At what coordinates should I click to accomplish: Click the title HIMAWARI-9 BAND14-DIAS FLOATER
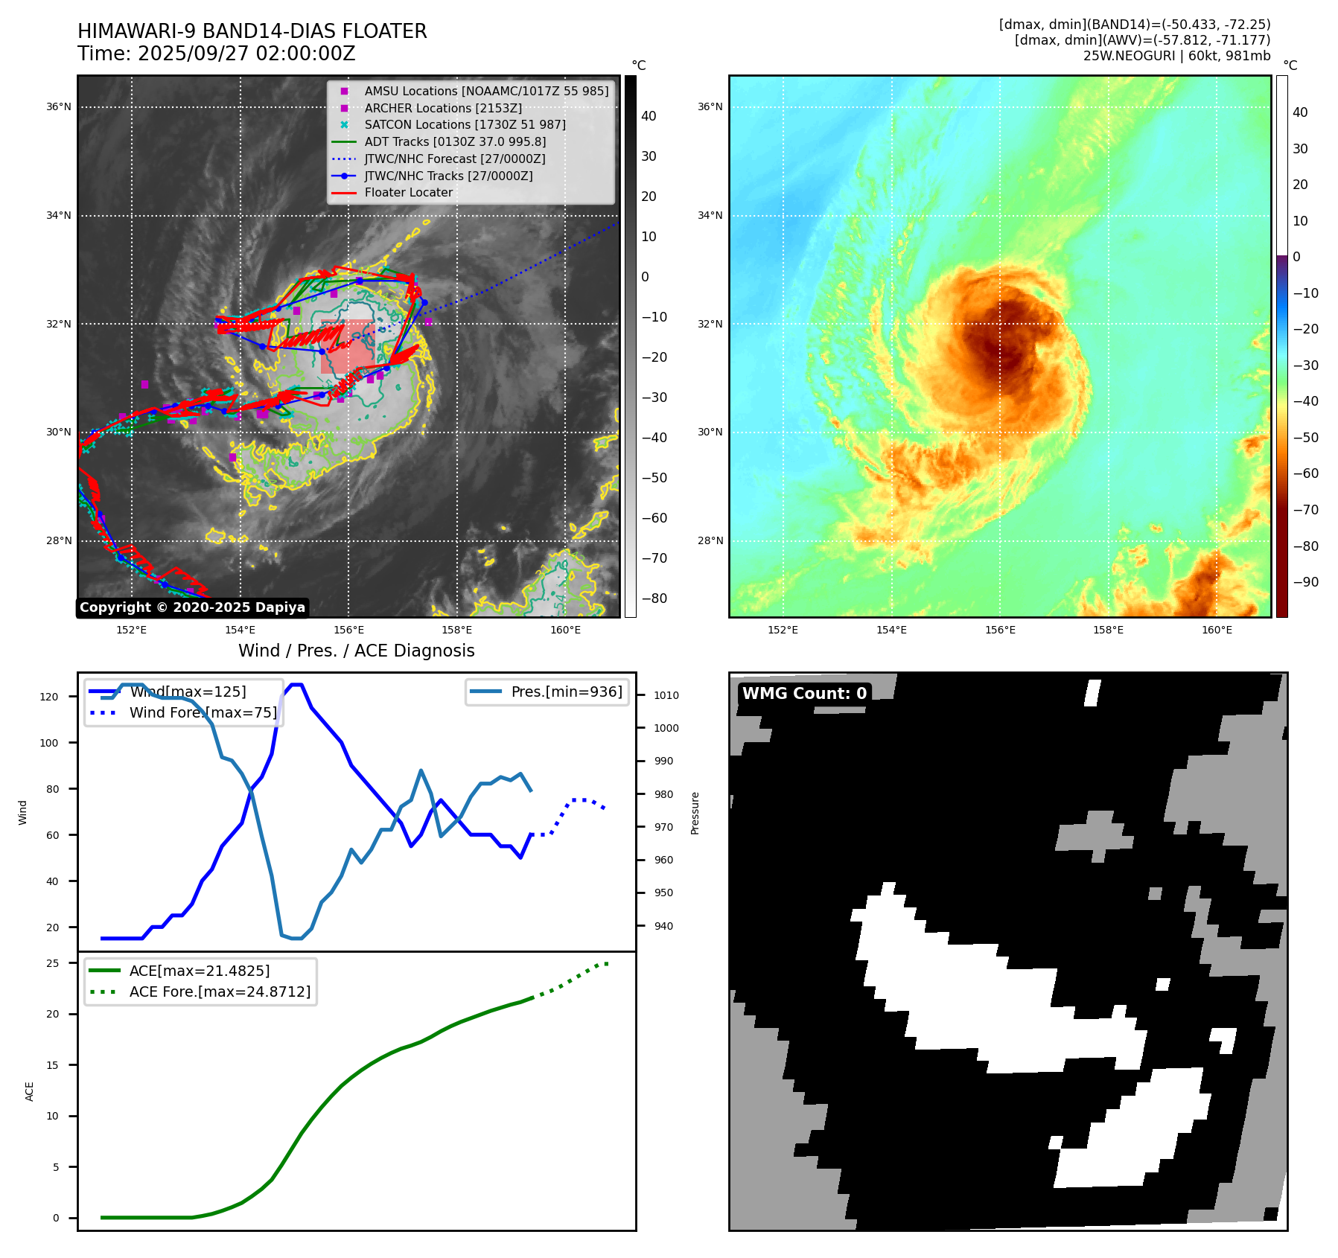tap(252, 31)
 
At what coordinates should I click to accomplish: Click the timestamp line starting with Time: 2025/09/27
tap(216, 54)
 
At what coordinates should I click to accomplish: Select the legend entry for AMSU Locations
tap(485, 91)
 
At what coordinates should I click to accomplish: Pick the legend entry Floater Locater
tap(408, 192)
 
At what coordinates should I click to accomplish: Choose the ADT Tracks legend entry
tap(454, 141)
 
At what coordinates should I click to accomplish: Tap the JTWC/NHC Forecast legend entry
tap(454, 159)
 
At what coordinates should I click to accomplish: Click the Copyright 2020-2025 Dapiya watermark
tap(192, 607)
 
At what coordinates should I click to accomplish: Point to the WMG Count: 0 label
tap(804, 693)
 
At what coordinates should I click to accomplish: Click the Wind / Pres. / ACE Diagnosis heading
tap(356, 651)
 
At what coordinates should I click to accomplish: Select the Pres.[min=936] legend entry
tap(566, 692)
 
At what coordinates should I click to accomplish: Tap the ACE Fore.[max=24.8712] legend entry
tap(220, 992)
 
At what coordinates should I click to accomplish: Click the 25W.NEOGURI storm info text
tap(1176, 56)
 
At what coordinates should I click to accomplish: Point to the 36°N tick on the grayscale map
tap(59, 106)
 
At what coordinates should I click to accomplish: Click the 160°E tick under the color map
tap(1217, 630)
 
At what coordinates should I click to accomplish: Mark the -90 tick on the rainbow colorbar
tap(1305, 582)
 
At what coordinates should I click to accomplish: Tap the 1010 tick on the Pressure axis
tap(666, 695)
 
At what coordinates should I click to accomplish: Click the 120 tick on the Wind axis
tap(49, 697)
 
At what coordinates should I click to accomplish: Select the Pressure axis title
tap(695, 813)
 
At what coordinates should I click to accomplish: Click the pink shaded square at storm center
tap(347, 346)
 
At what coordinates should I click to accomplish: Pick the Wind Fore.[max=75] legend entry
tap(203, 712)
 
